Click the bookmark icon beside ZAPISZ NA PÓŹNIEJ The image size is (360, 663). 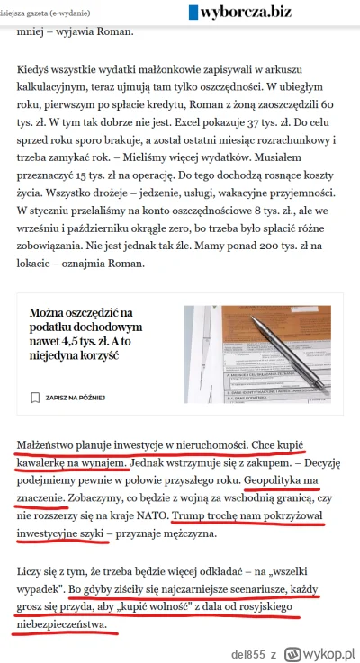[34, 397]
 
